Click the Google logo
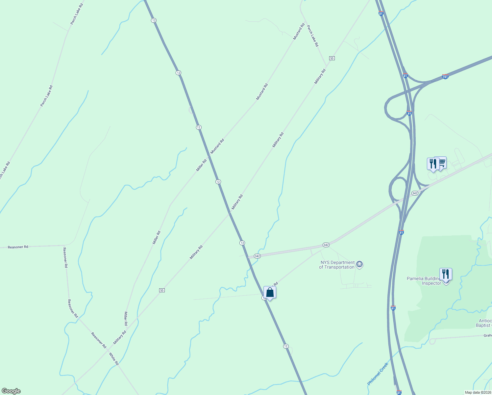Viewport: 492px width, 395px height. [11, 391]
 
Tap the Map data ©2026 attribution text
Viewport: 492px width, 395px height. [478, 392]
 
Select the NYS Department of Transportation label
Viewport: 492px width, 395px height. [337, 265]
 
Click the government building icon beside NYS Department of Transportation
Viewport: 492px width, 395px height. [359, 264]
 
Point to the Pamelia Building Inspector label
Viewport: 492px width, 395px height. [424, 281]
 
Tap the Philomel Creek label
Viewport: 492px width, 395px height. [378, 374]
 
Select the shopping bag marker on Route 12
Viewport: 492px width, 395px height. [270, 292]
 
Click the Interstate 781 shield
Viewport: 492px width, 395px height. [445, 77]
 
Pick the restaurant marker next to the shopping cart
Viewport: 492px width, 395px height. [433, 164]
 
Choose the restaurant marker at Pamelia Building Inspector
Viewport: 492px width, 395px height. [446, 274]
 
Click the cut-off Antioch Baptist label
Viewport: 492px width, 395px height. [485, 323]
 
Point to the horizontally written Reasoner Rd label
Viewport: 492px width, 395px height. [18, 247]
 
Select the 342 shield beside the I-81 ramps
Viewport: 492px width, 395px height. [415, 193]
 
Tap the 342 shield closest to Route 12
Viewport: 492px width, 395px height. [257, 256]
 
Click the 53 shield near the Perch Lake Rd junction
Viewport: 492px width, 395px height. [332, 58]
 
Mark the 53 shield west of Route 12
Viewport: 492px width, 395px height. [161, 290]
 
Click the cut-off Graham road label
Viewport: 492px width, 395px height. [487, 335]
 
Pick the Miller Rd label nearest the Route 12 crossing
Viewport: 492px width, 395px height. [201, 165]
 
